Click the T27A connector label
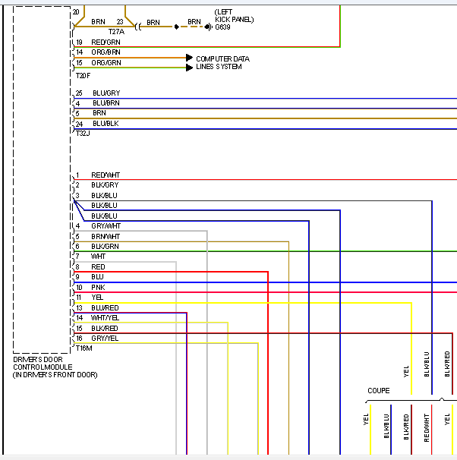click(x=116, y=32)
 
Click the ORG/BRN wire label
click(x=106, y=52)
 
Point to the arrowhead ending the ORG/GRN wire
click(x=190, y=68)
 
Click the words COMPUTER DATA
click(x=222, y=58)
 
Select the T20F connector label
click(x=83, y=76)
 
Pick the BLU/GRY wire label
click(x=106, y=93)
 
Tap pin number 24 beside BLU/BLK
click(x=79, y=124)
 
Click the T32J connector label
click(x=83, y=133)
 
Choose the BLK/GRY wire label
click(x=105, y=185)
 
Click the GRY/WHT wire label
click(x=106, y=226)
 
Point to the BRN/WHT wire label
click(x=106, y=236)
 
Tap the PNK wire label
click(x=98, y=288)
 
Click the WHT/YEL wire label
click(x=105, y=317)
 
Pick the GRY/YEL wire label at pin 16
click(x=105, y=338)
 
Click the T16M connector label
click(x=84, y=348)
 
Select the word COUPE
click(x=379, y=391)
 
